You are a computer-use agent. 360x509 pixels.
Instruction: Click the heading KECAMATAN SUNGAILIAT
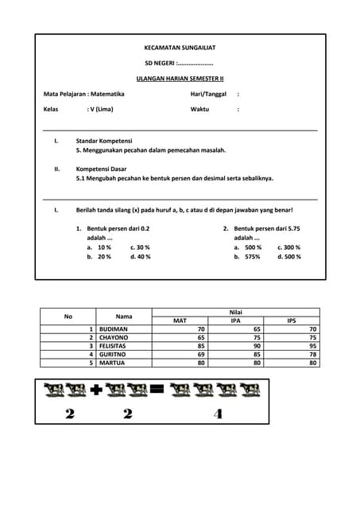(x=179, y=48)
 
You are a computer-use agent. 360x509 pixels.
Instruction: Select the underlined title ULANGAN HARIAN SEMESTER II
(x=180, y=79)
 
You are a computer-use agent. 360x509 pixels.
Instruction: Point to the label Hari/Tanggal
(x=208, y=94)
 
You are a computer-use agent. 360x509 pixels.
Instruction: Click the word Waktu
(x=199, y=109)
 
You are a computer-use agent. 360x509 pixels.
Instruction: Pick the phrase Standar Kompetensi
(x=103, y=141)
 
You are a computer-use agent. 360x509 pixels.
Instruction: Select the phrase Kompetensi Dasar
(x=103, y=169)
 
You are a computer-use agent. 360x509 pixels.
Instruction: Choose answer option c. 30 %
(x=140, y=247)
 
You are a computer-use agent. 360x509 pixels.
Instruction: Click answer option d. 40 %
(x=140, y=257)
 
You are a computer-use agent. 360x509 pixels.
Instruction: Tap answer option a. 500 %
(x=248, y=247)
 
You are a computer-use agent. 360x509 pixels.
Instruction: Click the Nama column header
(x=124, y=317)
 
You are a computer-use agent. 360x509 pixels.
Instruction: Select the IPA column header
(x=235, y=321)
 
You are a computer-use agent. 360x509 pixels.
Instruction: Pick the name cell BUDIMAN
(x=114, y=328)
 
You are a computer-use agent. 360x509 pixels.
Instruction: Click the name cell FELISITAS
(x=114, y=346)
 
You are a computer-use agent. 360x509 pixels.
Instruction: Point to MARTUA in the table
(x=112, y=363)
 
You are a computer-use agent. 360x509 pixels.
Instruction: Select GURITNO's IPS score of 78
(x=313, y=354)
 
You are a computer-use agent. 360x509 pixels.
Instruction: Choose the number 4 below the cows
(x=219, y=414)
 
